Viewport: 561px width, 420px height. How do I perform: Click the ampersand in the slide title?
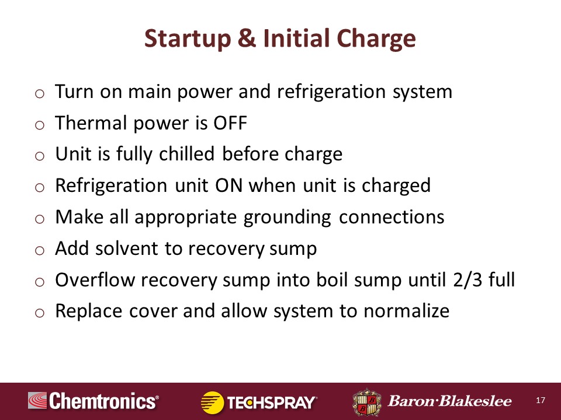pyautogui.click(x=247, y=38)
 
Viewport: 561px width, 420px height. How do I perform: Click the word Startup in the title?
pyautogui.click(x=188, y=39)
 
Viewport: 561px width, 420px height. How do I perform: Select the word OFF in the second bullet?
pyautogui.click(x=230, y=123)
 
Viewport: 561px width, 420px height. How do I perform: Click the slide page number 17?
pyautogui.click(x=541, y=400)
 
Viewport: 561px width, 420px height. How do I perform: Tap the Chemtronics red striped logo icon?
pyautogui.click(x=37, y=400)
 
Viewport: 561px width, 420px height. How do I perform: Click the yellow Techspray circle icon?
pyautogui.click(x=212, y=402)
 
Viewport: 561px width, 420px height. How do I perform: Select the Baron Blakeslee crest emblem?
pyautogui.click(x=367, y=402)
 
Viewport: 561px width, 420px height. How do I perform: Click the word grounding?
pyautogui.click(x=288, y=218)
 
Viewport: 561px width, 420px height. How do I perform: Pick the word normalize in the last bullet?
pyautogui.click(x=407, y=311)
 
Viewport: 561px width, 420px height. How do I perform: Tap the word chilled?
pyautogui.click(x=186, y=154)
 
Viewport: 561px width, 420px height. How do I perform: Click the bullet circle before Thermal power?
pyautogui.click(x=40, y=125)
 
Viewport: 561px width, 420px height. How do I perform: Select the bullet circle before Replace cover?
pyautogui.click(x=40, y=313)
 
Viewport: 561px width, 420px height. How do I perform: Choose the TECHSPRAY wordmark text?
pyautogui.click(x=272, y=403)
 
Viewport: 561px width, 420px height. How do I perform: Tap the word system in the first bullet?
pyautogui.click(x=423, y=93)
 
